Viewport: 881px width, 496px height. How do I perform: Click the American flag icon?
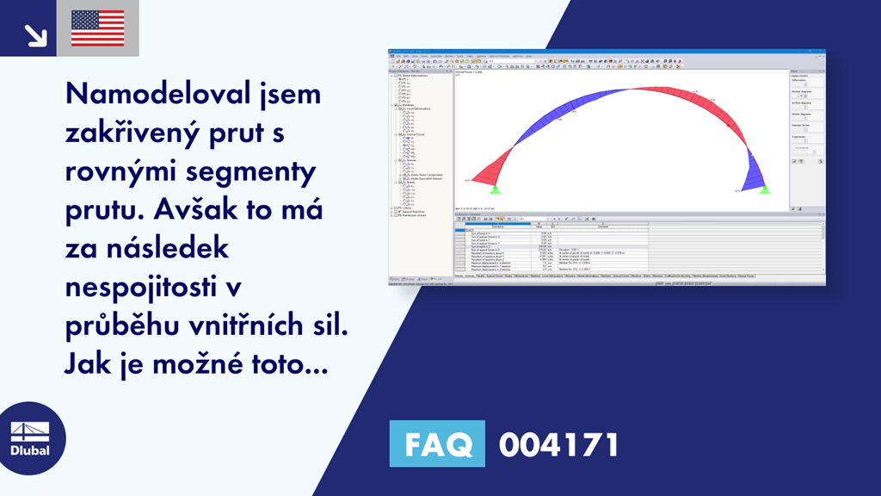tap(98, 28)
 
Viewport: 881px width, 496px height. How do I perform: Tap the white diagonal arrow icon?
tap(35, 34)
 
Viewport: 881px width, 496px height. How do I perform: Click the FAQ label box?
tap(437, 445)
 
